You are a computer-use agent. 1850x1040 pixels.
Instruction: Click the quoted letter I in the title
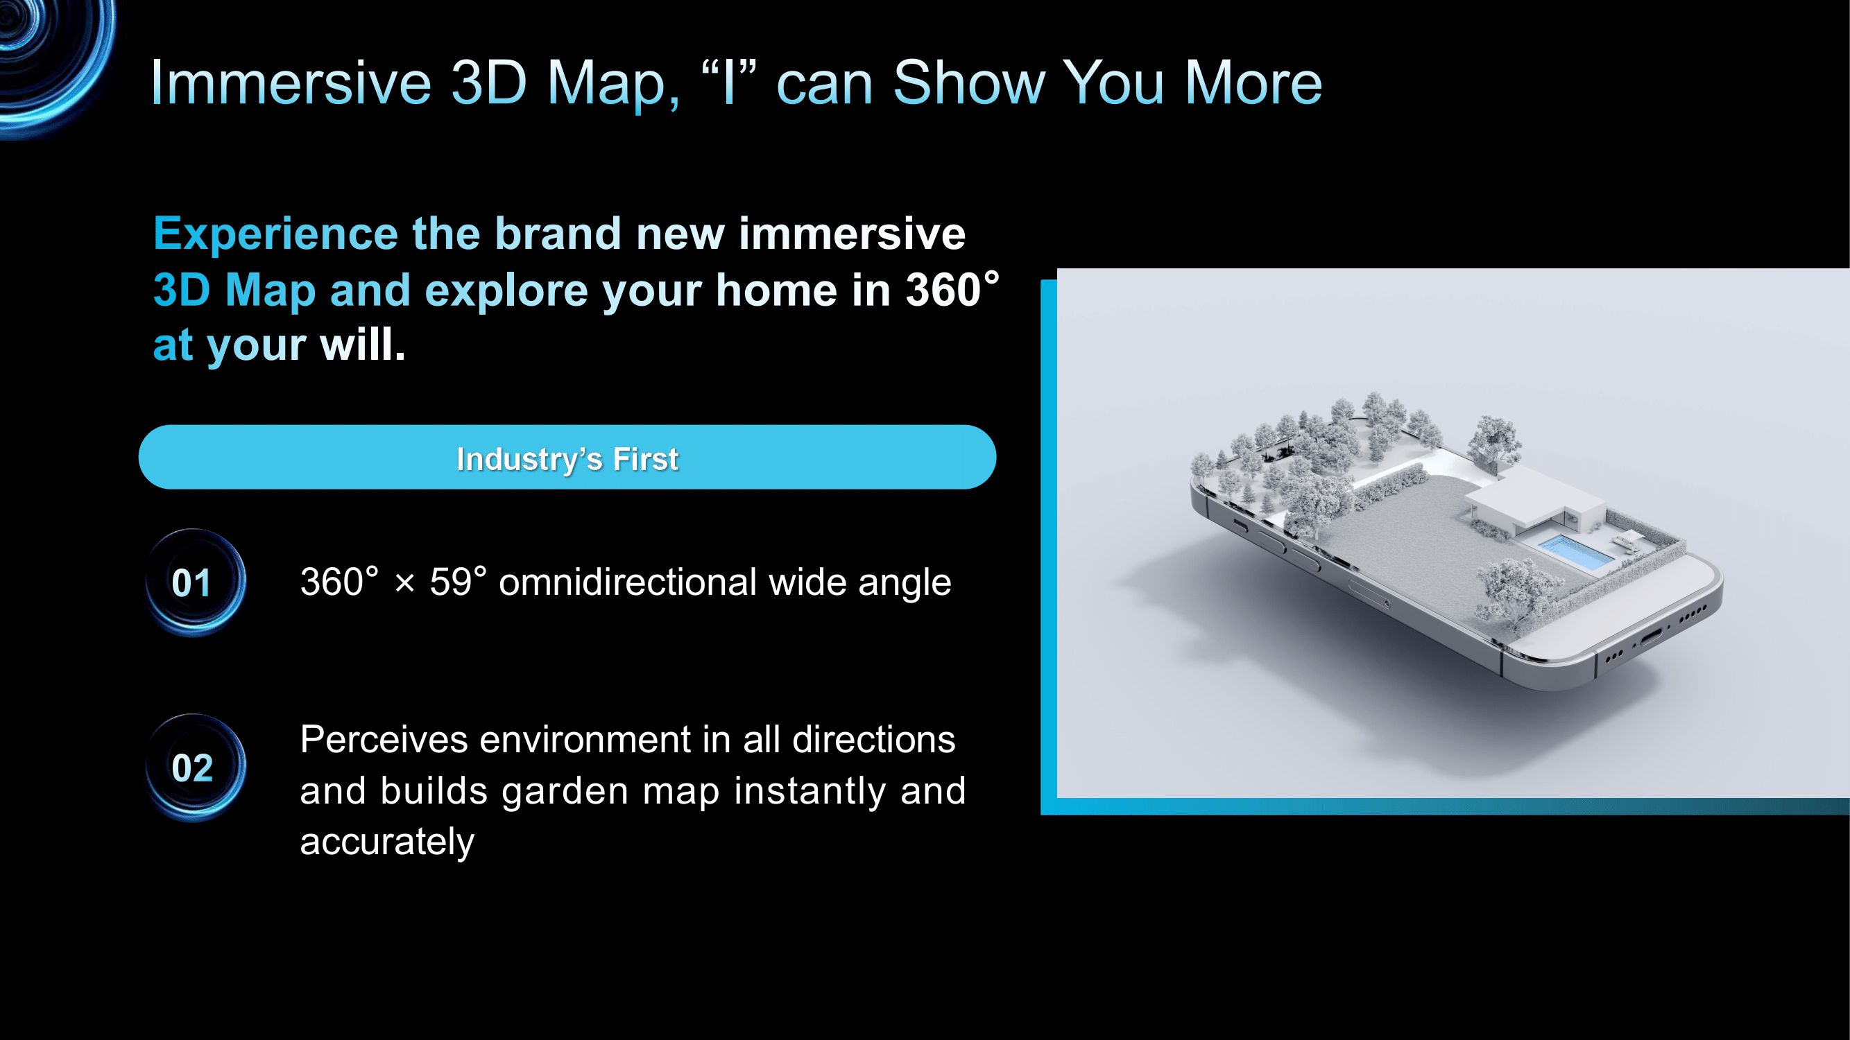click(730, 82)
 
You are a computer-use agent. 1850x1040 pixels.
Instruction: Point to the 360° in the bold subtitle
click(952, 289)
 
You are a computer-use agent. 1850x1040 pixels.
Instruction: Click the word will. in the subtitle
click(363, 345)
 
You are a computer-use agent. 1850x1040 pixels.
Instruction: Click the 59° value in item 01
click(459, 582)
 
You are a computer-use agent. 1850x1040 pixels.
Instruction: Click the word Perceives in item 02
click(384, 739)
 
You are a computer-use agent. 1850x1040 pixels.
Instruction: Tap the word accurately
click(387, 841)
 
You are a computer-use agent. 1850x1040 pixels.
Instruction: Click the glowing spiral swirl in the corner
click(50, 58)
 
